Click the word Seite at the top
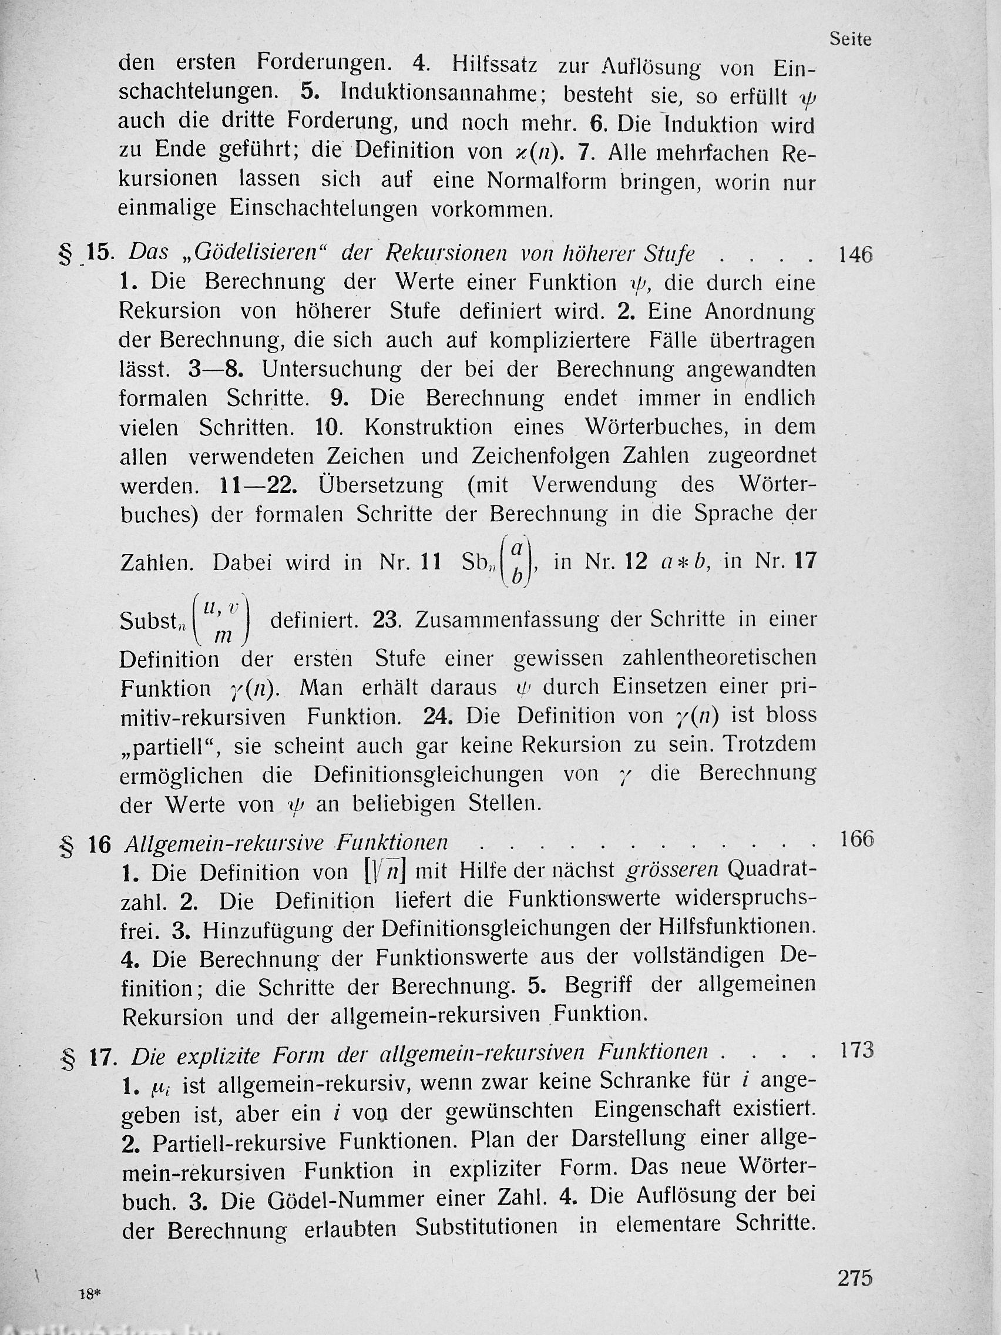850,40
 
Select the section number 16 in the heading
99,845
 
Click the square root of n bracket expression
384,872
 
